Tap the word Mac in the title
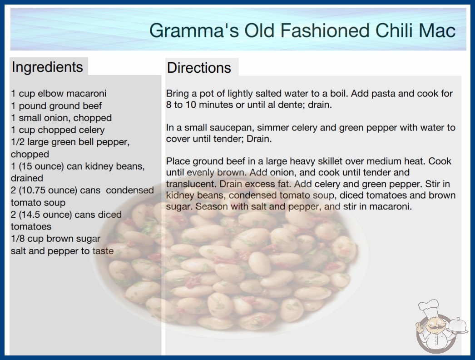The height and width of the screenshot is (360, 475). tap(437, 30)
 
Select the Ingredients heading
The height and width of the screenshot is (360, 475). tap(47, 67)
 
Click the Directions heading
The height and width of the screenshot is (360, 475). tap(199, 68)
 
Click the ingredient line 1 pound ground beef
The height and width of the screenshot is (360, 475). tap(56, 106)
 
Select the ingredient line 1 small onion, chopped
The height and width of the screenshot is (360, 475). tap(61, 118)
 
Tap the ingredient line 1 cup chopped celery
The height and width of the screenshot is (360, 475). tap(58, 130)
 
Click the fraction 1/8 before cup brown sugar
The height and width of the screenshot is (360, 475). tap(18, 239)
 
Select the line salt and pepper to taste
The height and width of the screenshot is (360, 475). tap(62, 251)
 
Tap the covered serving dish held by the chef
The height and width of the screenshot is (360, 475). tap(457, 326)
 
